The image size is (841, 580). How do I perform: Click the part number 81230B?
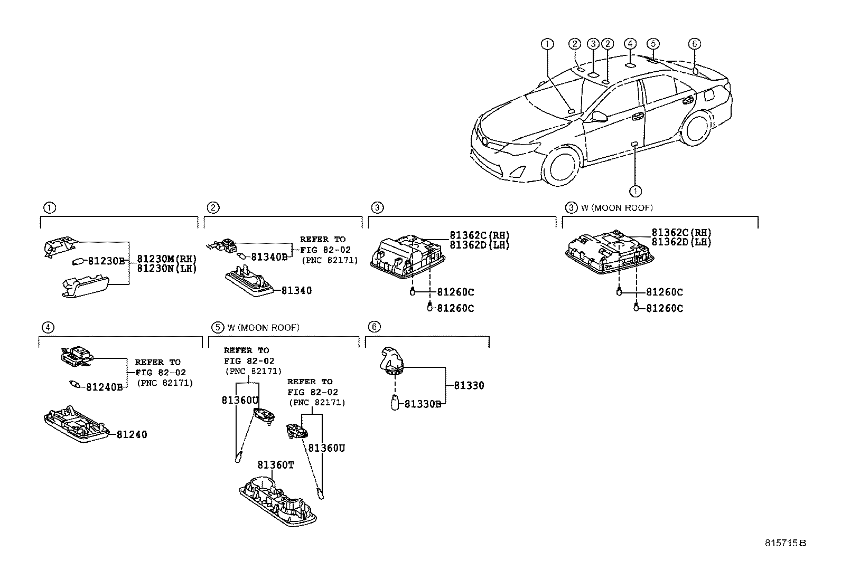tap(106, 260)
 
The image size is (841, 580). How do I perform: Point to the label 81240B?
tap(105, 387)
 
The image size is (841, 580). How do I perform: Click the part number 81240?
tap(132, 435)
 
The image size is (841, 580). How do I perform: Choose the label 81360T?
tap(275, 465)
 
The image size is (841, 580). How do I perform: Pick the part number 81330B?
tap(423, 404)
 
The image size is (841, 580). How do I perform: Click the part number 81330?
tap(469, 386)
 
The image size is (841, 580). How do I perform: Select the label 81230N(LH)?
tap(167, 268)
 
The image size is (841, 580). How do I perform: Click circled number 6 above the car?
tap(695, 44)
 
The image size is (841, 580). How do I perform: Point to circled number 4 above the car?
tap(629, 44)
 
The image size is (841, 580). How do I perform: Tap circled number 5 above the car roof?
tap(653, 44)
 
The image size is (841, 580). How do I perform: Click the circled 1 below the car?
tap(635, 191)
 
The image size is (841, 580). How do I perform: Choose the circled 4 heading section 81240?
tap(48, 328)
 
